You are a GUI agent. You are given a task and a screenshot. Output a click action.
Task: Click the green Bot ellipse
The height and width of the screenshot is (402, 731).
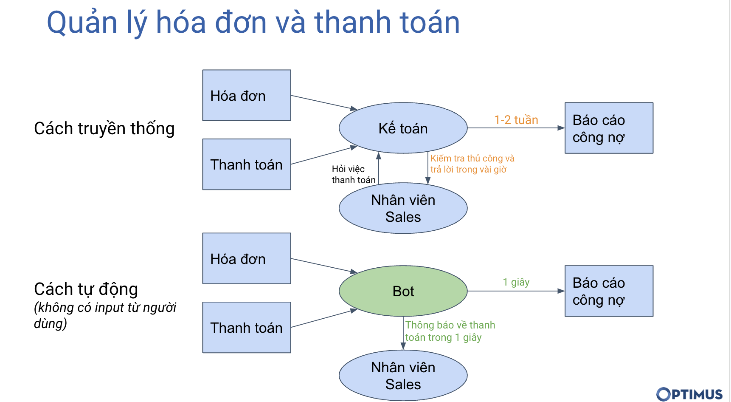403,291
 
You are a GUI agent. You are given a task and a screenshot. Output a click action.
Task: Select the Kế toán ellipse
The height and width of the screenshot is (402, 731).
403,128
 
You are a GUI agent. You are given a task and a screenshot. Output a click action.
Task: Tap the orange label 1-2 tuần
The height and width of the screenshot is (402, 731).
516,120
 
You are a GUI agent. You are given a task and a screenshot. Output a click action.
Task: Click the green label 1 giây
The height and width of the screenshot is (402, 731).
516,282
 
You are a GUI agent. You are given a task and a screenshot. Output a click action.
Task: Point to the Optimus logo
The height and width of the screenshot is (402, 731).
689,394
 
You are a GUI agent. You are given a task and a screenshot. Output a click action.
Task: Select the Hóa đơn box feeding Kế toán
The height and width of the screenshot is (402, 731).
246,96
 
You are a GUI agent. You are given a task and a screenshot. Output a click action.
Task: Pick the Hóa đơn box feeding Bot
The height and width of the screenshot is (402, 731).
246,258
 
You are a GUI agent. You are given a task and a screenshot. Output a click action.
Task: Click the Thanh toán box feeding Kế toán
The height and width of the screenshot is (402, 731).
246,164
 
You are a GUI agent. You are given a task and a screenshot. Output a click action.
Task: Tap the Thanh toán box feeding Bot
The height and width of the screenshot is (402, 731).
246,327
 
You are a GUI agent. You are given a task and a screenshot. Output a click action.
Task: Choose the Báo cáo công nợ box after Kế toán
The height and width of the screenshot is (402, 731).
609,128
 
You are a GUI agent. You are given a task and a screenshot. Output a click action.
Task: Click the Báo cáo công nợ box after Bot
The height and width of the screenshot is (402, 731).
609,291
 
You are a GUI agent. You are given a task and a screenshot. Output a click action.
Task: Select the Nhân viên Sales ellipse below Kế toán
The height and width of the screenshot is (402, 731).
403,208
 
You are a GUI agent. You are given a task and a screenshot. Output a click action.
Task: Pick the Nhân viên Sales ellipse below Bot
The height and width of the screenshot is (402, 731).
403,376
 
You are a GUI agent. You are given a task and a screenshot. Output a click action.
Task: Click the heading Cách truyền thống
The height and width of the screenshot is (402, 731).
104,128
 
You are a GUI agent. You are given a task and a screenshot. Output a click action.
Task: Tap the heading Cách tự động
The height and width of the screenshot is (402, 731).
86,289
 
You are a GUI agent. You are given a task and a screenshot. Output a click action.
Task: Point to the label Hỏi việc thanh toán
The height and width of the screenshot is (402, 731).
353,175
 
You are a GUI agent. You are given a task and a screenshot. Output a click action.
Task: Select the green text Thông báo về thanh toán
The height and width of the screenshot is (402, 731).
450,331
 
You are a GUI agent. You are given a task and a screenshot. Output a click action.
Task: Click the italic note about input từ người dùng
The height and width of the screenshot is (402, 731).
104,315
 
